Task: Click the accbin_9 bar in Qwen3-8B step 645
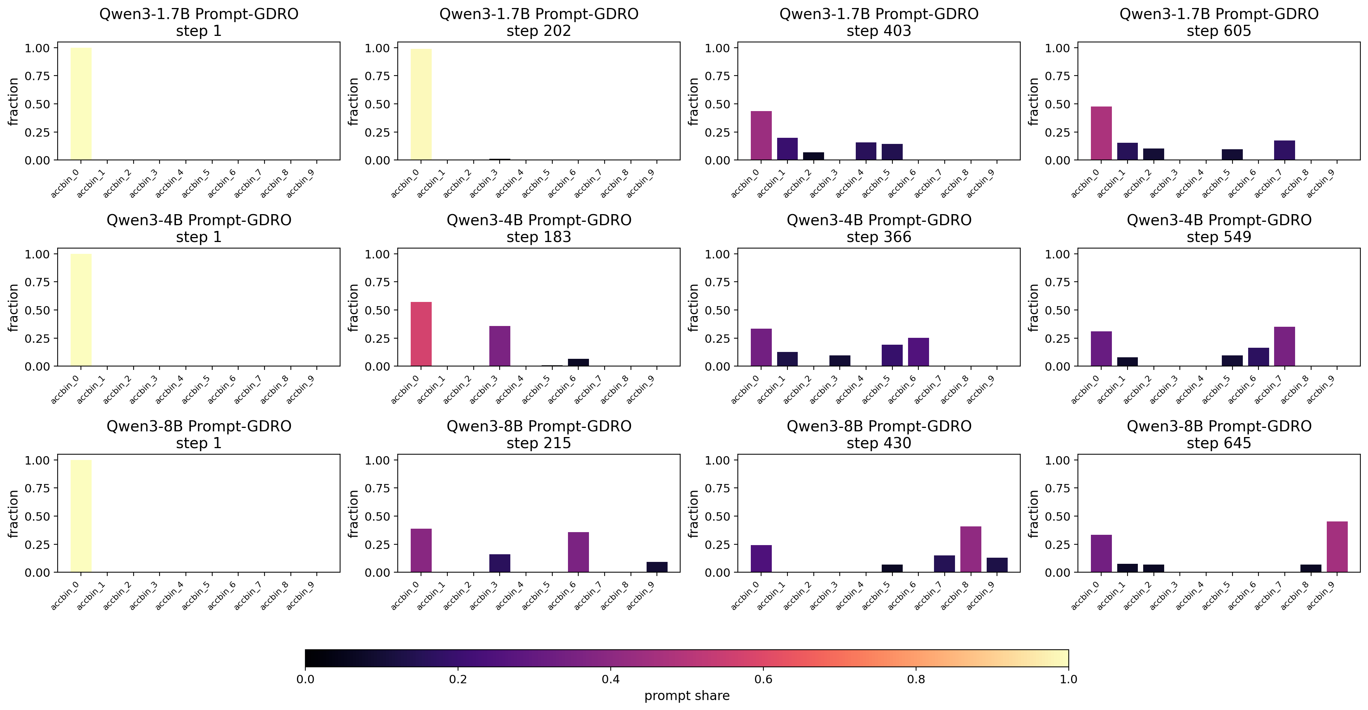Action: pyautogui.click(x=1337, y=547)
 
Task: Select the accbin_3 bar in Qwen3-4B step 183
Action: pyautogui.click(x=500, y=346)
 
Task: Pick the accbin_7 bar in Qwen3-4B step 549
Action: pyautogui.click(x=1284, y=346)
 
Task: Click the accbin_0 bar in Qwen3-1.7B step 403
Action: pyautogui.click(x=761, y=136)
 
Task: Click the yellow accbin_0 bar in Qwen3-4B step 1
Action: pyautogui.click(x=81, y=310)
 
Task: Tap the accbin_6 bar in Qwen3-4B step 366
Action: pyautogui.click(x=918, y=352)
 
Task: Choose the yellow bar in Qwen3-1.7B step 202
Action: pyautogui.click(x=421, y=104)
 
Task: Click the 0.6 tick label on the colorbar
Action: pyautogui.click(x=763, y=679)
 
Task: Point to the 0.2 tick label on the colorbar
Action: pyautogui.click(x=458, y=679)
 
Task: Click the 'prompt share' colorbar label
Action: pyautogui.click(x=687, y=695)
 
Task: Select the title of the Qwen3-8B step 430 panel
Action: pyautogui.click(x=879, y=434)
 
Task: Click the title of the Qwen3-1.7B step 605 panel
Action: pyautogui.click(x=1219, y=22)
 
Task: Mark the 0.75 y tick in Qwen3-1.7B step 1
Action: pyautogui.click(x=37, y=76)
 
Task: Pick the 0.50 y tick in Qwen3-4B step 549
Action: pyautogui.click(x=1057, y=310)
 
